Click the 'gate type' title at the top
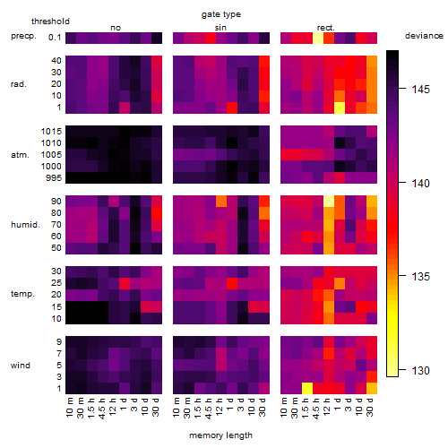click(221, 14)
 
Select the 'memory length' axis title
click(220, 435)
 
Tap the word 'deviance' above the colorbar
click(424, 36)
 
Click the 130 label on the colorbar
click(420, 371)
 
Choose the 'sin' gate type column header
click(220, 28)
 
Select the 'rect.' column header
click(326, 28)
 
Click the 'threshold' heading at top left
click(50, 22)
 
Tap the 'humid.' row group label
click(25, 225)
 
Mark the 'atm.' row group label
click(20, 155)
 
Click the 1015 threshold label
click(51, 132)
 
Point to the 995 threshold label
click(54, 178)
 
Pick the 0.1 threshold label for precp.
click(55, 38)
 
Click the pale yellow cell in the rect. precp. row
click(318, 38)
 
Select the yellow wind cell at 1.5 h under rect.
click(307, 388)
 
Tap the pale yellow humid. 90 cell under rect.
click(329, 201)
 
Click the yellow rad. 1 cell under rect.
click(340, 108)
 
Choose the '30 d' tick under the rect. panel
click(370, 407)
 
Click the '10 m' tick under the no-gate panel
click(69, 407)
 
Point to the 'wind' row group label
click(21, 366)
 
